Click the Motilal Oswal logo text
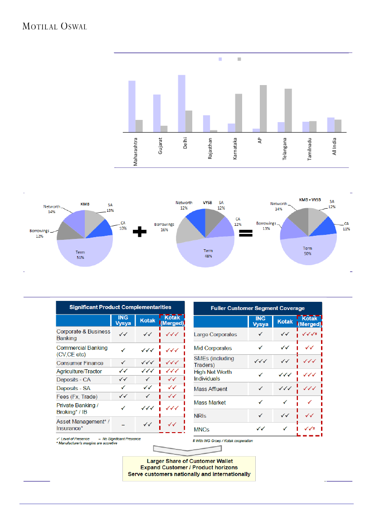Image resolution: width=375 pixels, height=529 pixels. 54,26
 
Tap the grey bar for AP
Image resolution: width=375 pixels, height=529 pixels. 263,108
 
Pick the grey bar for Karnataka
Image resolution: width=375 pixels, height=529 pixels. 239,113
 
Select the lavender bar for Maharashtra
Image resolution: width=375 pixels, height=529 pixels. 132,106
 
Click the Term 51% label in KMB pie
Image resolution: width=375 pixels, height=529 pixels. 80,255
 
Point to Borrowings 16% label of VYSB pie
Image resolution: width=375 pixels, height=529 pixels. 164,227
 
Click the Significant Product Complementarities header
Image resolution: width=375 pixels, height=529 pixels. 120,307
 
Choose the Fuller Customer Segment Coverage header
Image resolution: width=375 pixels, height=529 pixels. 258,308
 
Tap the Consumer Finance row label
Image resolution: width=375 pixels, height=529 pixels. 80,363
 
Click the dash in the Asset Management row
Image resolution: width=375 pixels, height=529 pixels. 123,424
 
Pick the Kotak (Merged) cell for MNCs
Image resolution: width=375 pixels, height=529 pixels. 309,429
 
